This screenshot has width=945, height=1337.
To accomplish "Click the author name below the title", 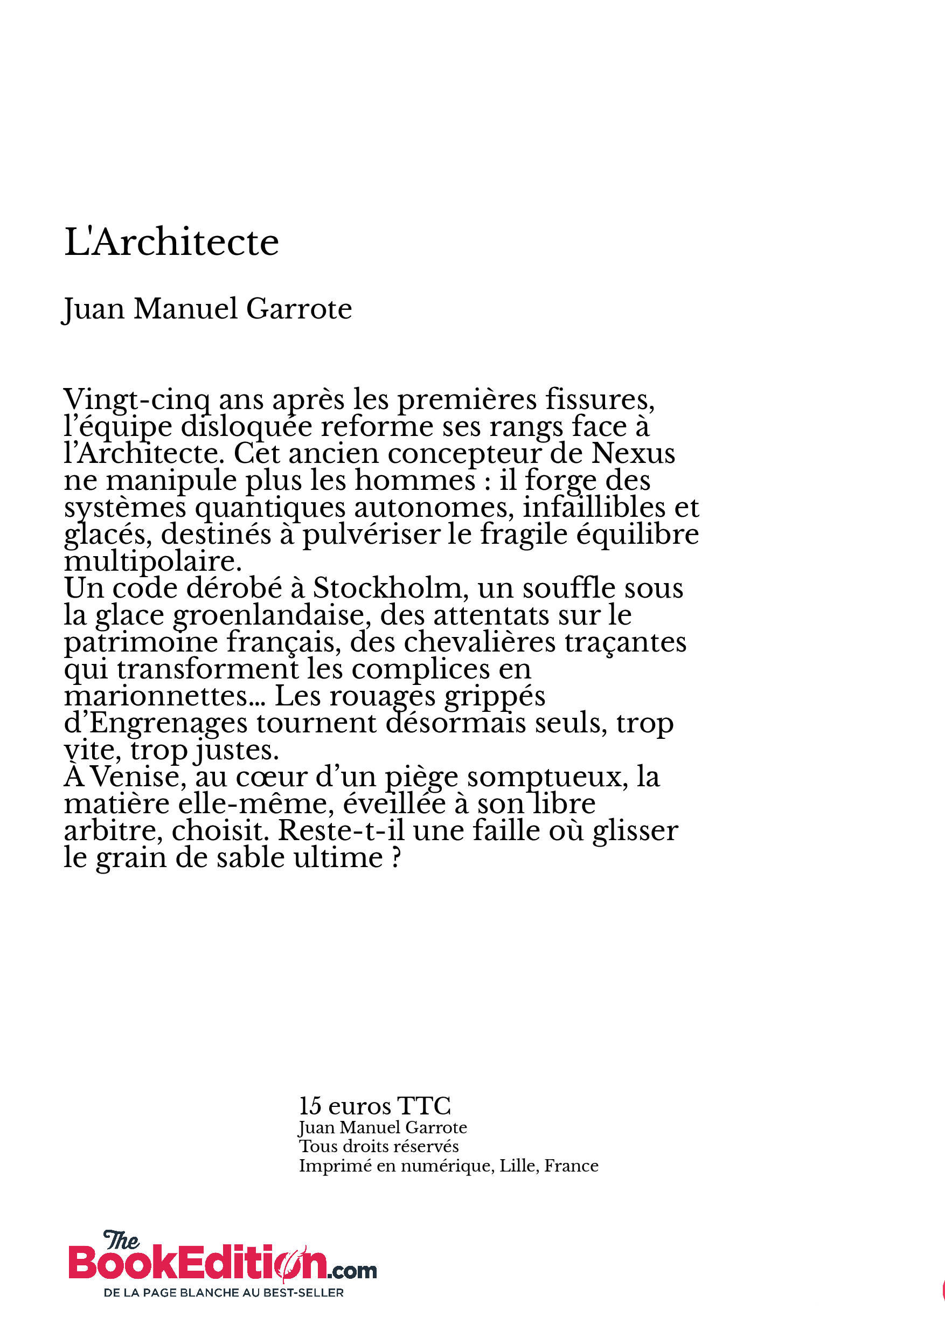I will pos(207,309).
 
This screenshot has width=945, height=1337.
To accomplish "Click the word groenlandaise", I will pos(272,615).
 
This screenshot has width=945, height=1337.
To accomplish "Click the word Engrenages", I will pos(168,724).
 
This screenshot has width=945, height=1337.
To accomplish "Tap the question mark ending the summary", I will pos(397,858).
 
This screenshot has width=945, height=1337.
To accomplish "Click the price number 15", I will pos(310,1106).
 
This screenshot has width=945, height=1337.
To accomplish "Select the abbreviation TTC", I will pos(424,1106).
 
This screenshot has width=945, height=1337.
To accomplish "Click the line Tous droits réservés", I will pos(378,1147).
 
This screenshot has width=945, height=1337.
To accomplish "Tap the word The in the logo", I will pos(121,1241).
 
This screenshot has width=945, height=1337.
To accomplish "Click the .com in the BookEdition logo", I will pos(352,1271).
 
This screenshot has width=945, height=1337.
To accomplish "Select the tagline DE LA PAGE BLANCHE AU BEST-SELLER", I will pos(224,1293).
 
